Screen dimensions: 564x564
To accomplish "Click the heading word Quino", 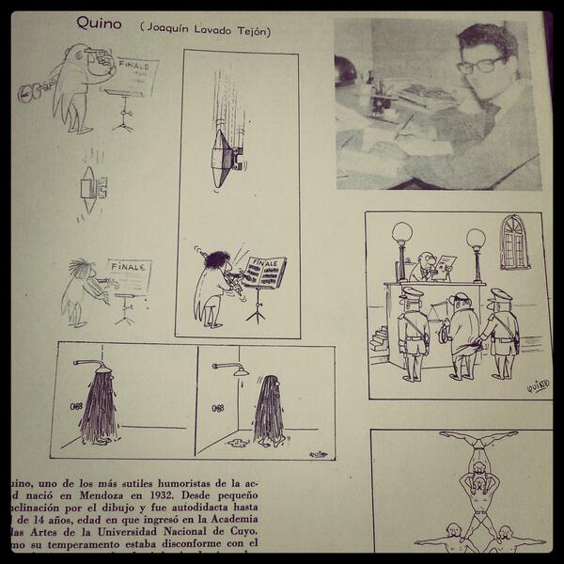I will [x=100, y=23].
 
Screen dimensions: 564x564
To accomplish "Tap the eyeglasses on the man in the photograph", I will [x=480, y=65].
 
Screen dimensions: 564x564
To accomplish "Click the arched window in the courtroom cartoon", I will [x=514, y=243].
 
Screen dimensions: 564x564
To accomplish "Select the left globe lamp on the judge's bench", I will [x=402, y=232].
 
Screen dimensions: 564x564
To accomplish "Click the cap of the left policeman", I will [x=411, y=294].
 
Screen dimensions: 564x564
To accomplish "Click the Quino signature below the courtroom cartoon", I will [x=537, y=384].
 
